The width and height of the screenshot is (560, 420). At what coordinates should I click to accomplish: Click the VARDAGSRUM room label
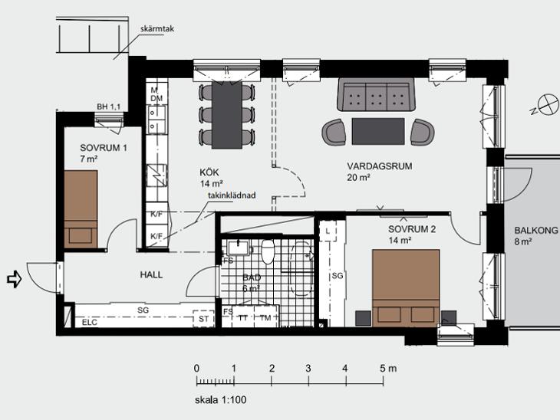tap(379, 166)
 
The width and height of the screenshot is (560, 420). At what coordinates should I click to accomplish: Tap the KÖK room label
tap(209, 172)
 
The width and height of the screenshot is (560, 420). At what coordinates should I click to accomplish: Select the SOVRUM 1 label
tap(104, 148)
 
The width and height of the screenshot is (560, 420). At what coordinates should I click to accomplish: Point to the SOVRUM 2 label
tap(412, 229)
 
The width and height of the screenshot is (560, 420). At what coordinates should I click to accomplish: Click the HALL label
tap(151, 275)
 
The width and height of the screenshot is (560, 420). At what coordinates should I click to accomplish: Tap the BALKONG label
tap(535, 231)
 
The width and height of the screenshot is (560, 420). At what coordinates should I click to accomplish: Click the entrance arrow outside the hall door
tap(15, 279)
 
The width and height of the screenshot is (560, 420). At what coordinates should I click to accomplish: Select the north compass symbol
tap(545, 105)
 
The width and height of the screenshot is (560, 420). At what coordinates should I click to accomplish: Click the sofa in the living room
tap(377, 94)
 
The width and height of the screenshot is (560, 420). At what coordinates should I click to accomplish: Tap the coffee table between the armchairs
tap(378, 131)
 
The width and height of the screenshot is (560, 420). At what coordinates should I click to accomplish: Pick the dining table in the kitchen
tap(227, 115)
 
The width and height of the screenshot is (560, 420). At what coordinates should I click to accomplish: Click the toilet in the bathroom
tap(268, 251)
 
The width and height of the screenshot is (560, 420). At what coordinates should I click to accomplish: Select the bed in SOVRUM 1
tap(81, 209)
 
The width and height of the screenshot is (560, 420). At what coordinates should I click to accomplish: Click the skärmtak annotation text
tap(157, 29)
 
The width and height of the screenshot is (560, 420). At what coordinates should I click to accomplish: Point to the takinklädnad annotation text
tap(232, 195)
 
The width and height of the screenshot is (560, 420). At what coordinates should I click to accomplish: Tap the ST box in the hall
tap(203, 318)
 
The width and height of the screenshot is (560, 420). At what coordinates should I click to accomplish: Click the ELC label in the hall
tap(89, 322)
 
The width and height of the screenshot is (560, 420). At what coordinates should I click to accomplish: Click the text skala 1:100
tap(220, 400)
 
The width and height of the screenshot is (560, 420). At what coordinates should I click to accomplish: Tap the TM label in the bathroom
tap(265, 317)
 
